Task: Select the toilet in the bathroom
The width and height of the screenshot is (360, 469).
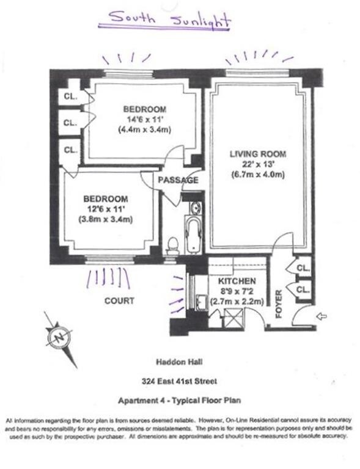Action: tap(174, 245)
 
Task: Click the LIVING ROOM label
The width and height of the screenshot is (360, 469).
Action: tap(257, 153)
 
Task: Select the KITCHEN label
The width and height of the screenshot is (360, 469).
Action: tap(235, 281)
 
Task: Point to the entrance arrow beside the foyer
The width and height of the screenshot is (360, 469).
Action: tap(323, 316)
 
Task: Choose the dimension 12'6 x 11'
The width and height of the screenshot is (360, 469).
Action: tap(106, 209)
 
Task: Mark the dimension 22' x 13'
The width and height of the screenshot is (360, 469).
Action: tap(257, 164)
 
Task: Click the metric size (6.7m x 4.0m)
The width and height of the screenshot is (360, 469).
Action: tap(257, 175)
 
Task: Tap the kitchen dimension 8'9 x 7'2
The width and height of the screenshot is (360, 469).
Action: tap(237, 291)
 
